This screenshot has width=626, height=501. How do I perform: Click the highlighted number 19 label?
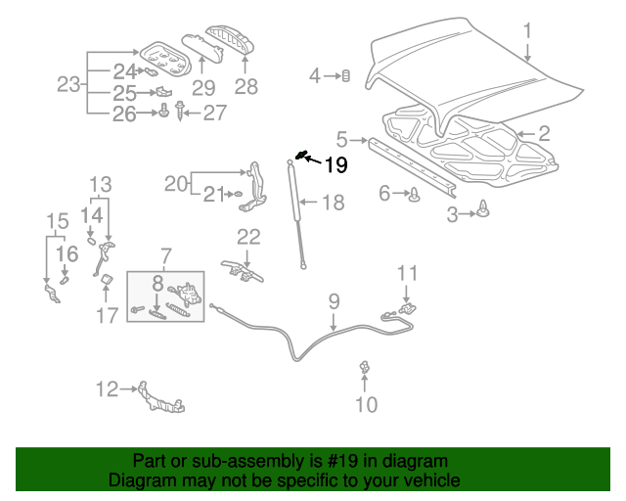[x=335, y=165]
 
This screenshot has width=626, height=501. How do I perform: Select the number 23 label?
[x=67, y=85]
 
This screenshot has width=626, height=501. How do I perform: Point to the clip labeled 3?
[x=484, y=209]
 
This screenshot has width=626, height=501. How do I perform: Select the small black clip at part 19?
[x=302, y=155]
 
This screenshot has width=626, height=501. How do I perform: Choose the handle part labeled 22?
[x=245, y=267]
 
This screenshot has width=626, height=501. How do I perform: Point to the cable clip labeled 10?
[x=365, y=368]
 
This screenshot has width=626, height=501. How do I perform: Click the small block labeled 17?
[x=105, y=284]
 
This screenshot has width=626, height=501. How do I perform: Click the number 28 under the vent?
[x=246, y=87]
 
